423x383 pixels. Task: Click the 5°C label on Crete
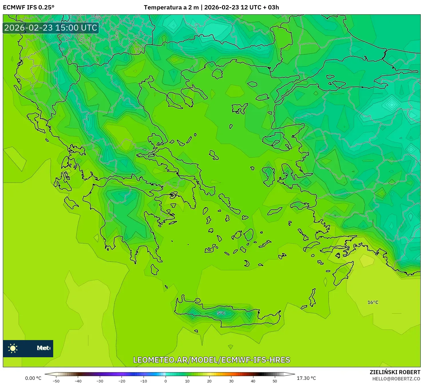(221, 313)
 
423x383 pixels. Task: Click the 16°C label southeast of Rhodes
(373, 302)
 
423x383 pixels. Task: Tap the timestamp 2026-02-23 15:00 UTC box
(51, 28)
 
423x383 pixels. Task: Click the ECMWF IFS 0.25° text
(28, 7)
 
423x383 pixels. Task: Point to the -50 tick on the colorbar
(56, 381)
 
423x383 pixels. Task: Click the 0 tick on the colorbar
(166, 381)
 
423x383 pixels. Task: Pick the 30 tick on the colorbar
(231, 381)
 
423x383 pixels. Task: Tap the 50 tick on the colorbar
(275, 381)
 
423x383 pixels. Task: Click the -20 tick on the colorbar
(122, 381)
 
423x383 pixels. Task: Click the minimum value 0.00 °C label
(33, 378)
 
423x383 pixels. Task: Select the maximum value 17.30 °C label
(306, 378)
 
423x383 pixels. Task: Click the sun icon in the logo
(13, 348)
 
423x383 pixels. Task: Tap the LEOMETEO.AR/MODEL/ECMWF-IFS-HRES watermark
(212, 360)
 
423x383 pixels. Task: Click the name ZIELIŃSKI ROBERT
(395, 372)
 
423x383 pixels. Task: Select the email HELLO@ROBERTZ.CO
(396, 379)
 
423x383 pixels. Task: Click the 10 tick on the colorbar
(187, 381)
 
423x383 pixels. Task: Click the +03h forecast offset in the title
(273, 7)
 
